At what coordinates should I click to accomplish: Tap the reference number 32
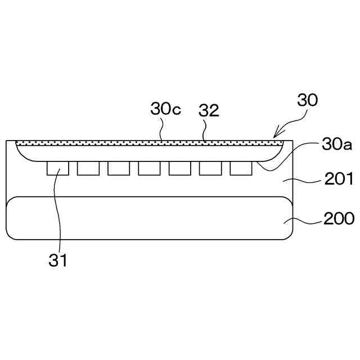click(x=209, y=111)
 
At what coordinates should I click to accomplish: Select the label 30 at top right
click(x=308, y=101)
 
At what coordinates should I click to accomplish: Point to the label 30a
click(x=337, y=145)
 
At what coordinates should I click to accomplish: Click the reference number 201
click(x=339, y=180)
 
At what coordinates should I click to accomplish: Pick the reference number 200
click(x=339, y=218)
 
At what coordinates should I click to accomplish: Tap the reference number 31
click(x=58, y=260)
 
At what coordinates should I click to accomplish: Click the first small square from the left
click(x=58, y=168)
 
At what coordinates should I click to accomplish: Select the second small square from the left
click(x=88, y=168)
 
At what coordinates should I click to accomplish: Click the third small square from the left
click(x=119, y=168)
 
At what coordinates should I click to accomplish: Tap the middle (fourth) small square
click(x=149, y=168)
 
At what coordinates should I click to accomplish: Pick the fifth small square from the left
click(x=179, y=168)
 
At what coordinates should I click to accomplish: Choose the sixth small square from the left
click(x=210, y=168)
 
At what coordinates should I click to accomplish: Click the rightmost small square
click(x=240, y=168)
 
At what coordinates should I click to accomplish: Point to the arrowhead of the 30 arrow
click(x=275, y=136)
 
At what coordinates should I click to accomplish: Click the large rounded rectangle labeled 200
click(x=149, y=218)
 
